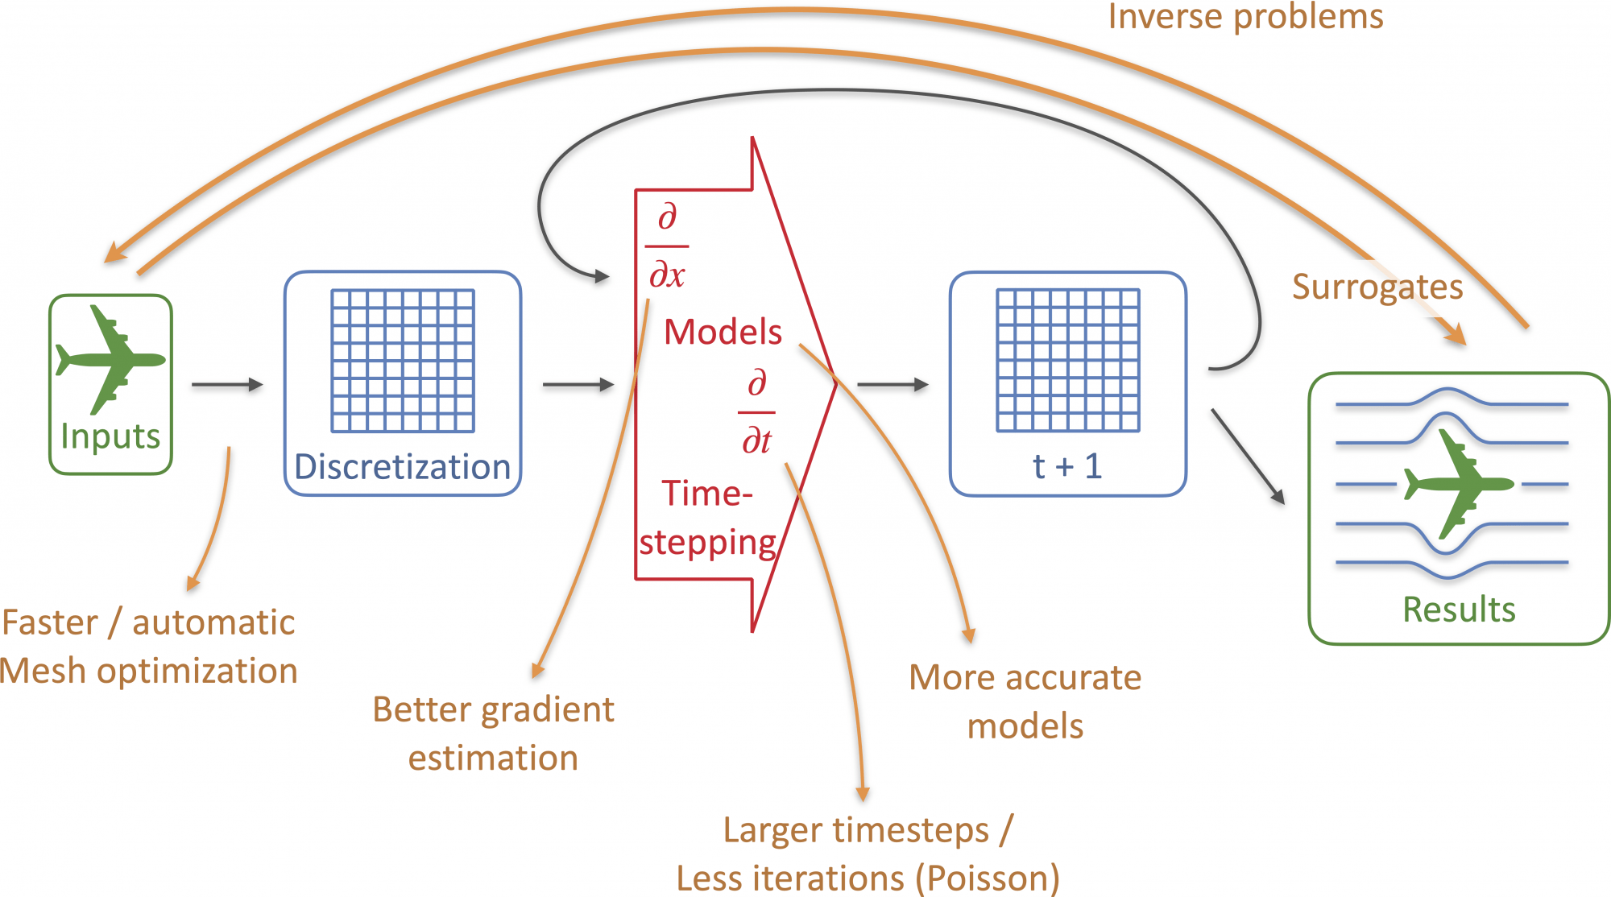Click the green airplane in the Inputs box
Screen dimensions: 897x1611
click(x=110, y=359)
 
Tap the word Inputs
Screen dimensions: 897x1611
click(x=110, y=436)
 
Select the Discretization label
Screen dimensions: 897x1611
click(x=402, y=467)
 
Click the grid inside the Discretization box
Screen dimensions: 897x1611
click(x=403, y=361)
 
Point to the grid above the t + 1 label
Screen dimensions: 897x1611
click(x=1067, y=361)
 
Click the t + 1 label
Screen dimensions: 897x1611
click(x=1067, y=466)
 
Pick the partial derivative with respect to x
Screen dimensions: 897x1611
click(x=667, y=246)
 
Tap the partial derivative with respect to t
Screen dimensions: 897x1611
click(x=756, y=412)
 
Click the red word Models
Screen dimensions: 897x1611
click(x=723, y=332)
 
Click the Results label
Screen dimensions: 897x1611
click(x=1459, y=610)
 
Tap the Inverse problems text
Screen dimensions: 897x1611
click(x=1245, y=16)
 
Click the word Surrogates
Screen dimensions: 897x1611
click(x=1377, y=287)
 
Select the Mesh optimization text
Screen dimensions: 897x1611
click(x=149, y=671)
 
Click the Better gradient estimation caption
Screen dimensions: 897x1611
click(x=493, y=734)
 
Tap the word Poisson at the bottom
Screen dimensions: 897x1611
click(x=987, y=878)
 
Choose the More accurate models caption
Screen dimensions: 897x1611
click(x=1025, y=701)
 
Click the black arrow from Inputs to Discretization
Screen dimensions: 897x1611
click(x=227, y=385)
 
